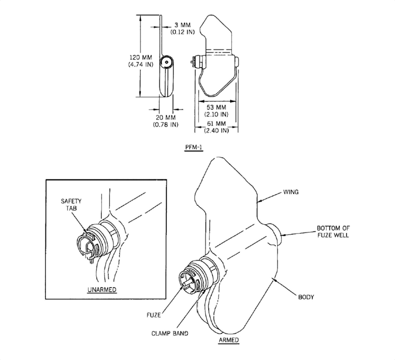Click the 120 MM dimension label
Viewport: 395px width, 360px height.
[141, 57]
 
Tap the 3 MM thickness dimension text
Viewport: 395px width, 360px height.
[182, 25]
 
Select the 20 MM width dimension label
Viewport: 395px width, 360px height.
[166, 118]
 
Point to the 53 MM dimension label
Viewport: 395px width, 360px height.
[216, 108]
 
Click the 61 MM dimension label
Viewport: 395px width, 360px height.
[216, 124]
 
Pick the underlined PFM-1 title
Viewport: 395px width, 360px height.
[194, 148]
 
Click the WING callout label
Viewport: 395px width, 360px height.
[291, 192]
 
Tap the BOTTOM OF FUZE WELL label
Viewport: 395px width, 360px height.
[333, 232]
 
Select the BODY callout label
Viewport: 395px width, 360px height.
[306, 297]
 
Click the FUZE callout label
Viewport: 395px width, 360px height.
[154, 315]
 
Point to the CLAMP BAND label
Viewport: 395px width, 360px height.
[170, 333]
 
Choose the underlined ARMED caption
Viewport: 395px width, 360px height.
[229, 340]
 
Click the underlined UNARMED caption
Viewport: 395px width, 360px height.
[102, 290]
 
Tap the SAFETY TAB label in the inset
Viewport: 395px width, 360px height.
[71, 205]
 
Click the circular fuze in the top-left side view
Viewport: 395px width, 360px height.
[167, 62]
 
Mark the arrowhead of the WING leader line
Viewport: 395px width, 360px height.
[259, 201]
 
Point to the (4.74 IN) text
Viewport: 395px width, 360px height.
[141, 64]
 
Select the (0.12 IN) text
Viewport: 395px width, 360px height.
[182, 32]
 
